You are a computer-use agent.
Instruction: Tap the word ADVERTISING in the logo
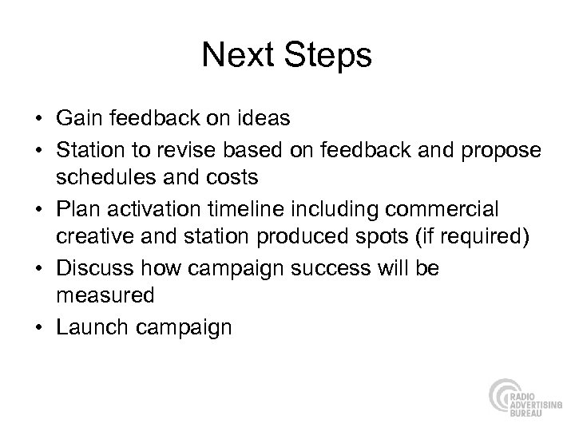533,395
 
